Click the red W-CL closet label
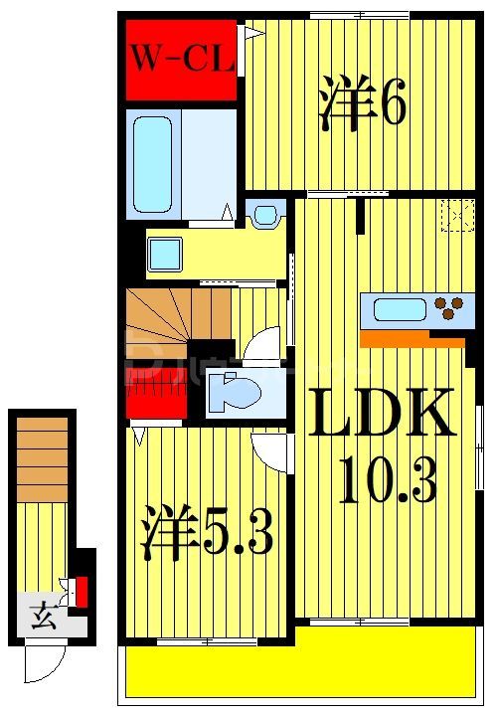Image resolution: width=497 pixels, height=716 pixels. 180,58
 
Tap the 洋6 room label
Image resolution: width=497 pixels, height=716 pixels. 362,103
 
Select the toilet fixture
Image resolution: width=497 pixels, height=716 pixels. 233,390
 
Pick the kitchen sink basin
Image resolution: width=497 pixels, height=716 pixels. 400,310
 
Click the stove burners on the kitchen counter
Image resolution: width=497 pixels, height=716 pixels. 453,310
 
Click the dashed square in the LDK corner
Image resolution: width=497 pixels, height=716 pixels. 457,216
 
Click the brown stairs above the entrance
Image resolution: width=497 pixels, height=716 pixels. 42,458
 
